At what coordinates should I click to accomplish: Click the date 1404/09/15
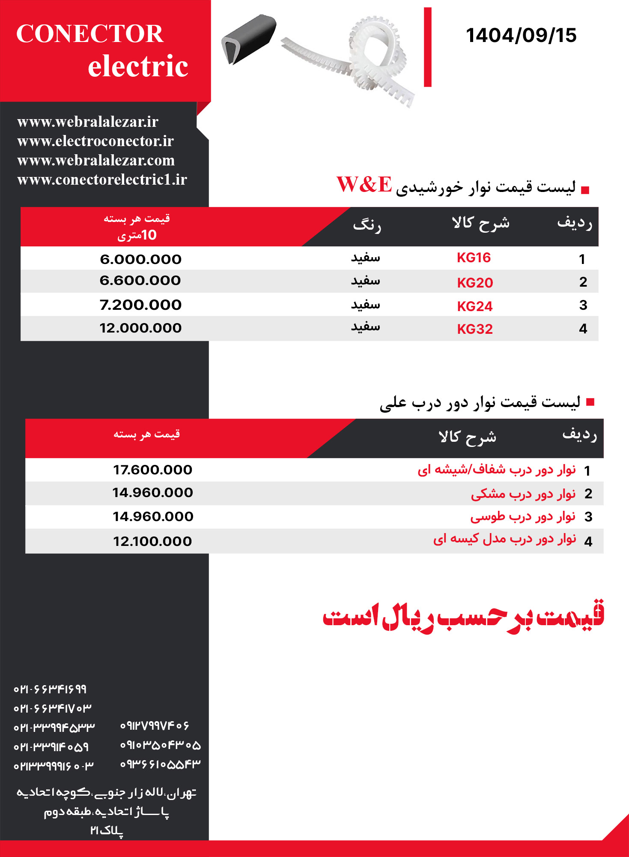(521, 35)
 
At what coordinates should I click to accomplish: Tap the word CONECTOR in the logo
(89, 34)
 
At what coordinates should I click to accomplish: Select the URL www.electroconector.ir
(95, 141)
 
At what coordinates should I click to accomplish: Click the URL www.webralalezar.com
(96, 160)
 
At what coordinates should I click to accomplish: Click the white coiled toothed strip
(368, 60)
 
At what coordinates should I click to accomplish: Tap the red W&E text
(364, 185)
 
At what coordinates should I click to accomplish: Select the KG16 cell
(474, 258)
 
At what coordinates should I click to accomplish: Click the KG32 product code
(475, 329)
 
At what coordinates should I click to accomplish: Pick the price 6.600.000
(140, 281)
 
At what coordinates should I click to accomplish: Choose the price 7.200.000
(140, 305)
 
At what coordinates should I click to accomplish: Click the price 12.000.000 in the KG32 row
(140, 328)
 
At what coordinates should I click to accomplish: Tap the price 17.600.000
(152, 470)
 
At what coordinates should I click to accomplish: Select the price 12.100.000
(152, 542)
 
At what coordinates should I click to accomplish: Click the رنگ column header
(367, 225)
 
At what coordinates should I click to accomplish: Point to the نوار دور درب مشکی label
(523, 494)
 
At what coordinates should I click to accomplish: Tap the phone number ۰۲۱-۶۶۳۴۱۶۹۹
(50, 689)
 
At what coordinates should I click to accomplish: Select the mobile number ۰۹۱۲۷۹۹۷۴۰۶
(155, 726)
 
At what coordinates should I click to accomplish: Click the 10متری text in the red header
(137, 235)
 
